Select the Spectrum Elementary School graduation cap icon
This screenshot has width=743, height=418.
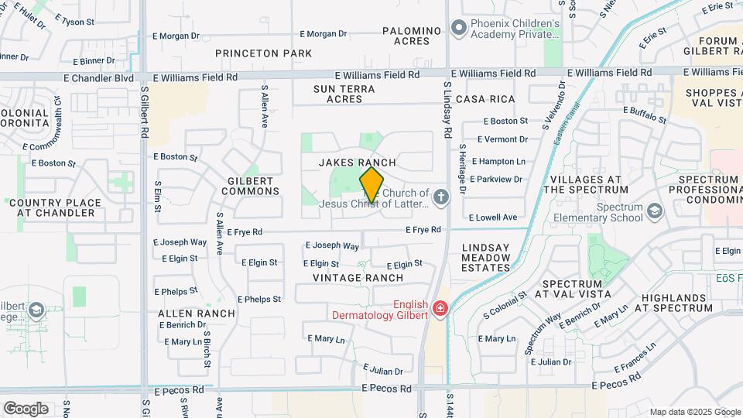point(655,211)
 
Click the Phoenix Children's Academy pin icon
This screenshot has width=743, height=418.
point(458,29)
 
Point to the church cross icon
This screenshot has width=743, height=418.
point(441,197)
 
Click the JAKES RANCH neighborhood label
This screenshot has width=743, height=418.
point(358,163)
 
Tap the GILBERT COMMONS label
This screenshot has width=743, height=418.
point(253,186)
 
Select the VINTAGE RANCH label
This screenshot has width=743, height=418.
point(358,277)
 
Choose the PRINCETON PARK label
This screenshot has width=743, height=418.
point(264,53)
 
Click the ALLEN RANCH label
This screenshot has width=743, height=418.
point(196,313)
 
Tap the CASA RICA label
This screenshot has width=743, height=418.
point(485,99)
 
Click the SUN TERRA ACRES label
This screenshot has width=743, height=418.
point(344,94)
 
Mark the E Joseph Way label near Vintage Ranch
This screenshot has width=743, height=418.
point(332,246)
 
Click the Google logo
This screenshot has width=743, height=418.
point(26,408)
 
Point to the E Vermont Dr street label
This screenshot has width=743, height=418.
point(502,139)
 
